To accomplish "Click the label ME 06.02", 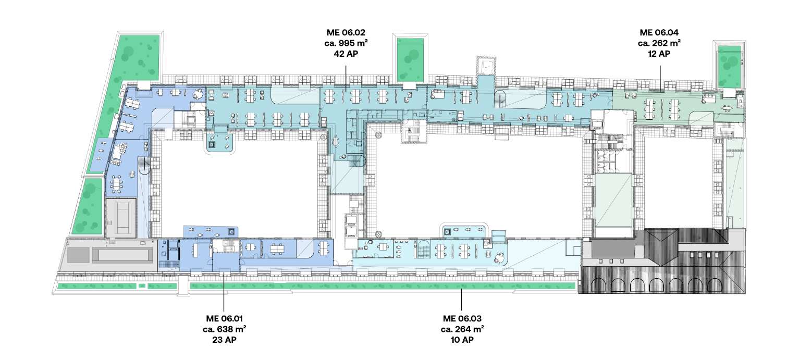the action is click(x=346, y=33).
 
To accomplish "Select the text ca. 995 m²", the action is click(x=346, y=43).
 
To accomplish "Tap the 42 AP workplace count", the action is click(x=346, y=54).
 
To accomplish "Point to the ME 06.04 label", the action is click(x=659, y=33).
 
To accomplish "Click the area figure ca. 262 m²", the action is click(x=659, y=43).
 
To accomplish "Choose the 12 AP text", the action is click(x=659, y=54).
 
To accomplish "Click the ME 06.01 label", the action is click(x=225, y=319).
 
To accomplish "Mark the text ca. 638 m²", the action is click(x=225, y=329).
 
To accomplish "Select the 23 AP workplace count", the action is click(x=225, y=340).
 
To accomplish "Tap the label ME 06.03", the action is click(x=462, y=319).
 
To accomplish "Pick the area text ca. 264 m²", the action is click(x=462, y=329).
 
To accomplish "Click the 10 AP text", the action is click(x=462, y=340).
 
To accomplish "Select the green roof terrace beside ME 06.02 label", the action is click(x=410, y=59).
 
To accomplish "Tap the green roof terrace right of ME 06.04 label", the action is click(x=729, y=67).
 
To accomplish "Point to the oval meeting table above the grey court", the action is click(x=117, y=184).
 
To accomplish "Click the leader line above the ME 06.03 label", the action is click(x=461, y=300).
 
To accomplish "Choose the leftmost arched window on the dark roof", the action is click(x=599, y=285).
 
